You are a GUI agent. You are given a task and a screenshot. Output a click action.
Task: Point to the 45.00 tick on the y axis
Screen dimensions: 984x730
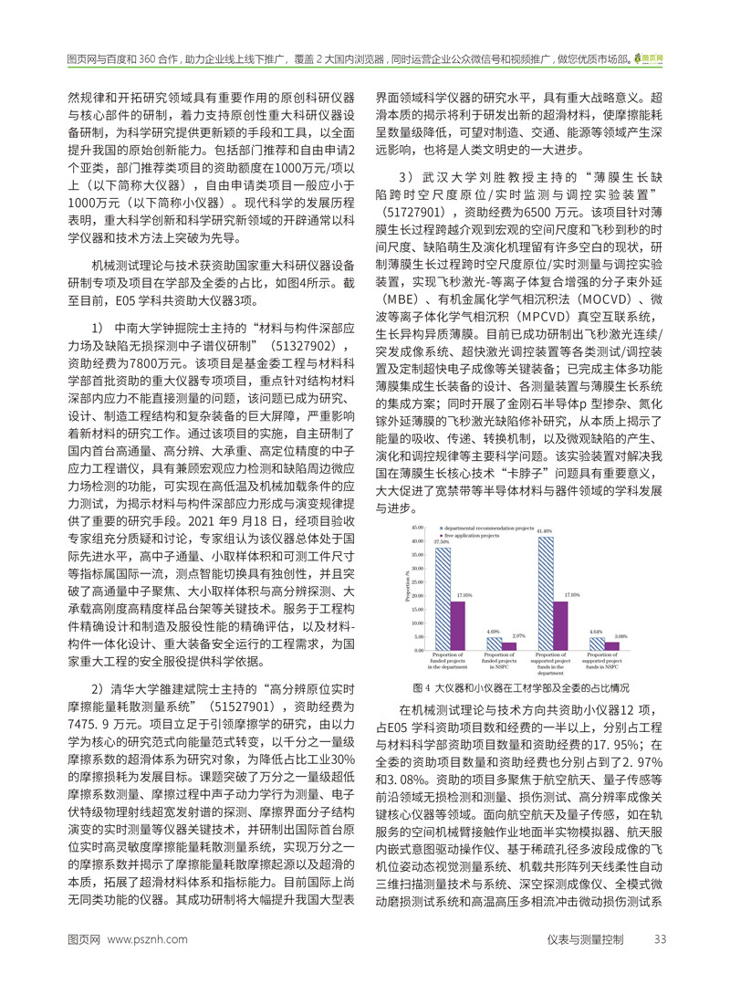418,527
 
